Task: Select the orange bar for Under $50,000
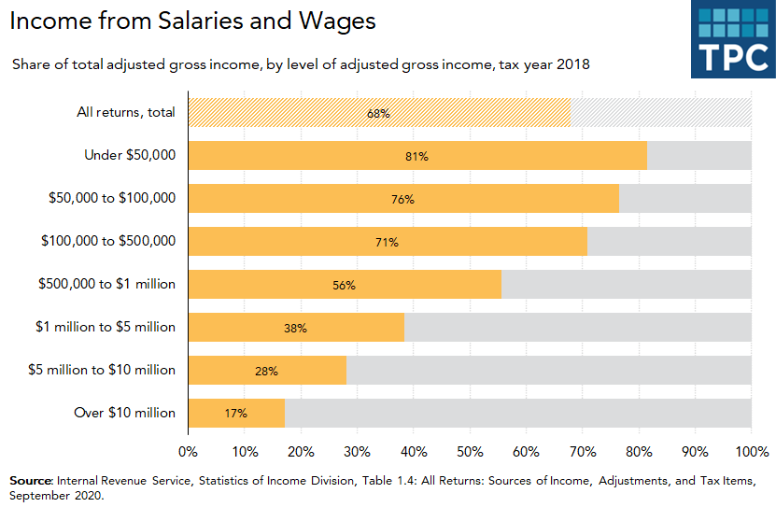coord(417,156)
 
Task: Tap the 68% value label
coord(378,113)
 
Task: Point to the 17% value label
coord(235,413)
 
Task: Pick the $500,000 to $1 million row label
coord(106,284)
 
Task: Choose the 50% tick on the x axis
coord(470,452)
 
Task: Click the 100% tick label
coord(751,452)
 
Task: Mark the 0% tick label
coord(188,452)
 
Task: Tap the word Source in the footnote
coord(29,480)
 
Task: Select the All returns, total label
coord(125,113)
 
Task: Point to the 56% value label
coord(344,285)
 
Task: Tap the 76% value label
coord(402,199)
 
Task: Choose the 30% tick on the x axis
coord(357,452)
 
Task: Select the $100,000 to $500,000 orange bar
coord(388,242)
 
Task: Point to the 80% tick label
coord(639,452)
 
